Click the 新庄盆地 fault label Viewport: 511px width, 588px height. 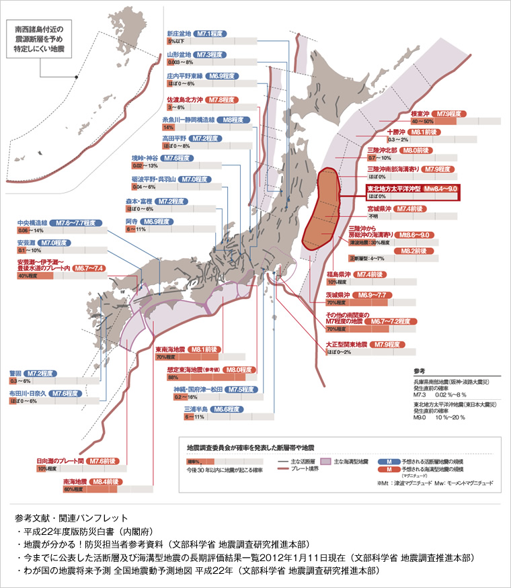[x=179, y=33]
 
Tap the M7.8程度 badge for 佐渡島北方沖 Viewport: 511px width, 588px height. [x=221, y=99]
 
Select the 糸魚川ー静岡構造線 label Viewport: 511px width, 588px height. [x=188, y=120]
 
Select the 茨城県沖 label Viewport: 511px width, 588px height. [x=339, y=295]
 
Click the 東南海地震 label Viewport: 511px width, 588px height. [x=169, y=349]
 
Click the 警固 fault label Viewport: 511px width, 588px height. [x=15, y=373]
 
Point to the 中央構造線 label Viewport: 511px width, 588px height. [x=32, y=222]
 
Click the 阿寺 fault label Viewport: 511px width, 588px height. [x=132, y=221]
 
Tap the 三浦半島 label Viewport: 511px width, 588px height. [x=196, y=409]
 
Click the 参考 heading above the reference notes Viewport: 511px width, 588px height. [x=420, y=370]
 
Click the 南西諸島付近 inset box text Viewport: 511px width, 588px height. [x=40, y=40]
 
